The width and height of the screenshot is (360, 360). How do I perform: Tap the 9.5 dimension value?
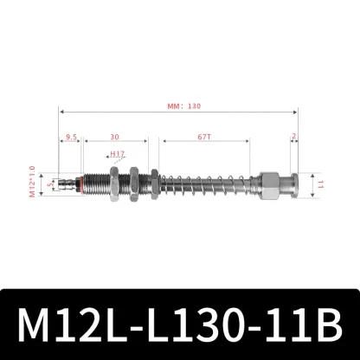pyautogui.click(x=72, y=137)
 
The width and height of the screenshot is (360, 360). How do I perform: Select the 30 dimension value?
pyautogui.click(x=115, y=137)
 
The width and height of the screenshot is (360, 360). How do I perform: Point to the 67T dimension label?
pyautogui.click(x=205, y=137)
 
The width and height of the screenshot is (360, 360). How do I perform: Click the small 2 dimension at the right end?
pyautogui.click(x=294, y=137)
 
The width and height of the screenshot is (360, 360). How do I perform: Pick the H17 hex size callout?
pyautogui.click(x=119, y=155)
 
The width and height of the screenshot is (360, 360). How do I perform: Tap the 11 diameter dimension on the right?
pyautogui.click(x=320, y=183)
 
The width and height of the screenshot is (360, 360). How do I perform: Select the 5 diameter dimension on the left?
pyautogui.click(x=49, y=183)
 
